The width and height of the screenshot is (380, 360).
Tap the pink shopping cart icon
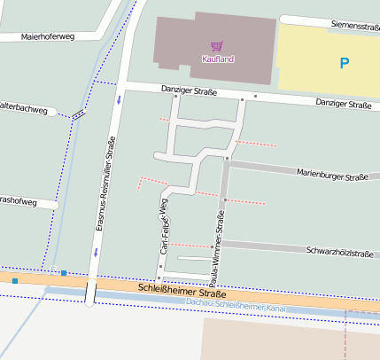click(x=216, y=45)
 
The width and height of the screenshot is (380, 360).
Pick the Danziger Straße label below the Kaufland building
click(x=189, y=90)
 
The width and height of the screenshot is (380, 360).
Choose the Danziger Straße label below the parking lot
click(x=344, y=105)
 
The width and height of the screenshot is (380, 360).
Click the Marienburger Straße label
click(x=332, y=176)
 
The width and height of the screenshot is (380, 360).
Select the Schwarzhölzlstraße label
click(x=338, y=253)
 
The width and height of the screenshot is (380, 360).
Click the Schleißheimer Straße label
click(x=182, y=292)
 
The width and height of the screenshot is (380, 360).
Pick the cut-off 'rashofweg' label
click(x=19, y=202)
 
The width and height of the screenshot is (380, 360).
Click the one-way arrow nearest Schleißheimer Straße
click(x=95, y=253)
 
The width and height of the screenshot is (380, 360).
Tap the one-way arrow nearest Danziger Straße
click(x=118, y=99)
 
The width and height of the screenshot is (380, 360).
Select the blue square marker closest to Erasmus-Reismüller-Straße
click(x=64, y=272)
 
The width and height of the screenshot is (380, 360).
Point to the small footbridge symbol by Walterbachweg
click(x=79, y=113)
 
